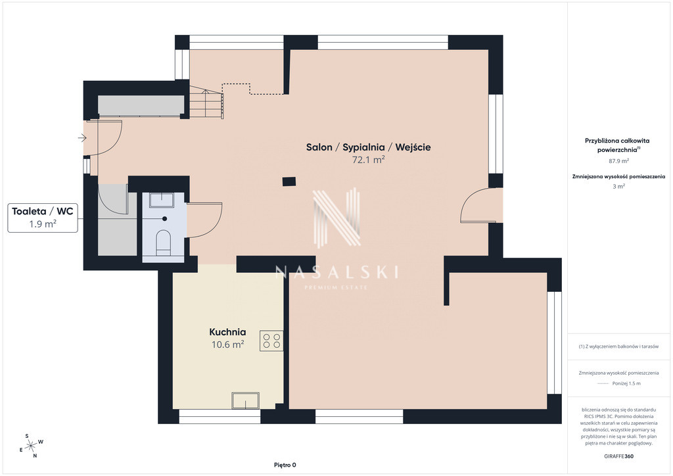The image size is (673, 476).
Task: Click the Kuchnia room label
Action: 227,332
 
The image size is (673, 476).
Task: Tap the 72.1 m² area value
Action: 368,160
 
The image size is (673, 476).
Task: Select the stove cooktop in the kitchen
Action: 271,341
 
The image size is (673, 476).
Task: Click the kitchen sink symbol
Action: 246,400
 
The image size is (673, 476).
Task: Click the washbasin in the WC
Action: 162,200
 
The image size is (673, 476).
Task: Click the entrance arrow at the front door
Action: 82,138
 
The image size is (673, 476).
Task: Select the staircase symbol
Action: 206,101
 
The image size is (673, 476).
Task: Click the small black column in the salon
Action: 289,181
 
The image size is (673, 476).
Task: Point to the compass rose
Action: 32,446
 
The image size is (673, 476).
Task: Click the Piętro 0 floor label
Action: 285,465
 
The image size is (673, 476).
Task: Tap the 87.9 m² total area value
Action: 619,161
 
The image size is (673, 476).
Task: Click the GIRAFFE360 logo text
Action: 618,456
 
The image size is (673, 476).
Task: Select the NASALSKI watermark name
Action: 336,272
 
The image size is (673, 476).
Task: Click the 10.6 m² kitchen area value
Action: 228,345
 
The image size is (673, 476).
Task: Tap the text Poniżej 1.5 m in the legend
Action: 626,383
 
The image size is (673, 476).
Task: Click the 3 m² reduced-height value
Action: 618,186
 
